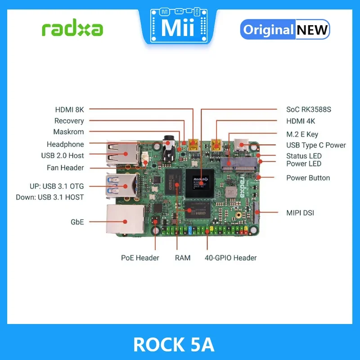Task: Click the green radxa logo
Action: [72, 29]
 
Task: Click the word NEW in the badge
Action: [312, 30]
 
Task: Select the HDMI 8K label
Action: [69, 109]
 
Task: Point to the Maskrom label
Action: [68, 132]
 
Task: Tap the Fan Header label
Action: [65, 167]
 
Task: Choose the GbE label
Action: [76, 222]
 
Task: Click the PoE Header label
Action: [140, 258]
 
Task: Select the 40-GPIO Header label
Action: [230, 258]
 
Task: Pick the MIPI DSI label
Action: [300, 212]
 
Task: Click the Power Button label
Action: [308, 178]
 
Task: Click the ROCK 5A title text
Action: [174, 345]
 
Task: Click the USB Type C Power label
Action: [316, 145]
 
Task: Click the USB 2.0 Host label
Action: [63, 156]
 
